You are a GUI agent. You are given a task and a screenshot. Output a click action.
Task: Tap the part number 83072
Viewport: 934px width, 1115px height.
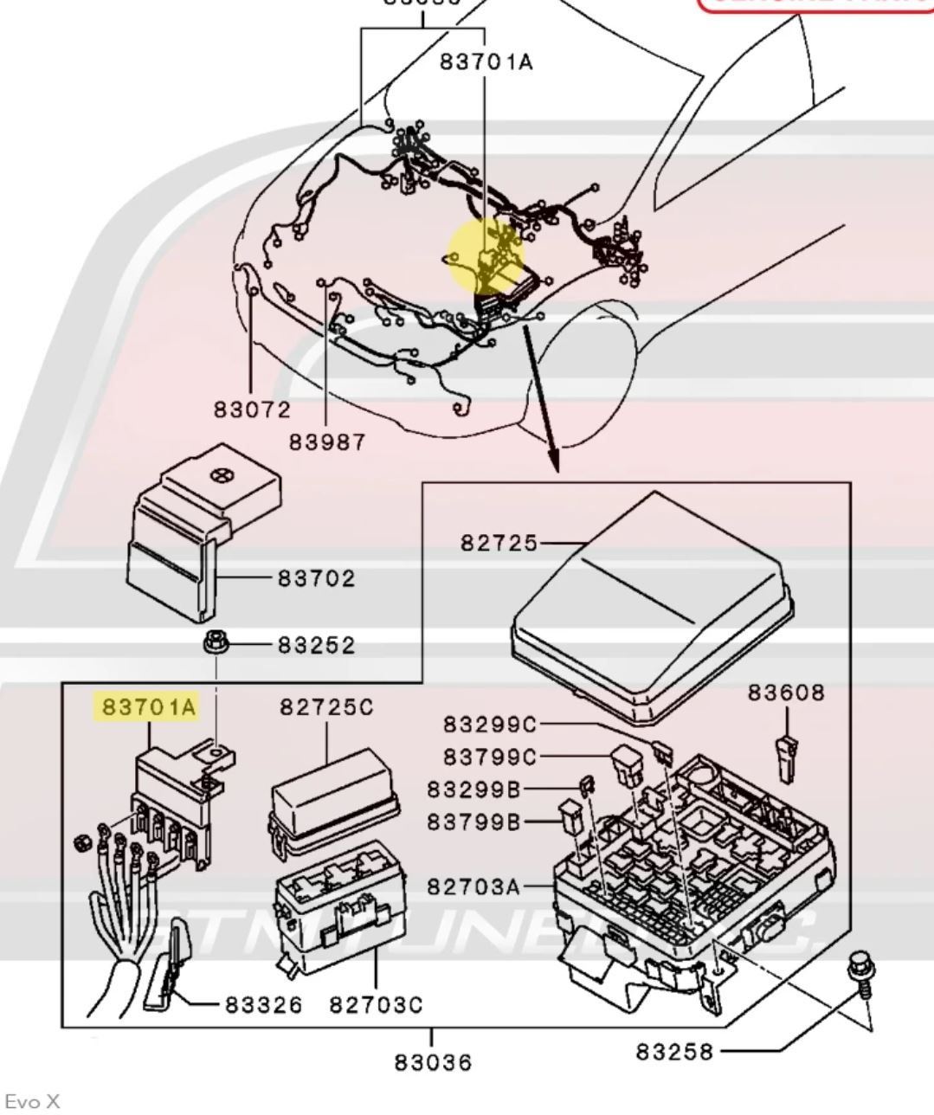coord(253,409)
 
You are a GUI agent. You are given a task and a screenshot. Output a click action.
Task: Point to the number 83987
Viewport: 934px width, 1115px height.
coord(327,442)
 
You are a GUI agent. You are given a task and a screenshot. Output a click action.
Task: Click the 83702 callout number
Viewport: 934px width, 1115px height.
coord(317,577)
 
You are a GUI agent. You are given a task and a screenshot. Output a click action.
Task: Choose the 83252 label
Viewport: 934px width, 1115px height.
coord(317,645)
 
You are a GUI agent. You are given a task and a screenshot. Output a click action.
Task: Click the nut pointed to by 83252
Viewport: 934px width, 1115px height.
coord(214,645)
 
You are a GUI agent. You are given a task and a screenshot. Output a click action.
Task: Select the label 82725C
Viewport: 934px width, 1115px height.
coord(326,707)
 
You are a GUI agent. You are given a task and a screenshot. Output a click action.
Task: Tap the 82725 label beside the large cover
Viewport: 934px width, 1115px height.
coord(499,543)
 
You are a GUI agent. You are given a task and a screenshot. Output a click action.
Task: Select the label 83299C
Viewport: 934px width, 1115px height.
coord(490,724)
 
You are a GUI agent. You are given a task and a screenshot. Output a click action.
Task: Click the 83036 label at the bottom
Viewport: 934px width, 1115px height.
coord(433,1061)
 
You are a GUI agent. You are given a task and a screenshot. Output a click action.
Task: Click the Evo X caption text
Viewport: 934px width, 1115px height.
coord(33,1101)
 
